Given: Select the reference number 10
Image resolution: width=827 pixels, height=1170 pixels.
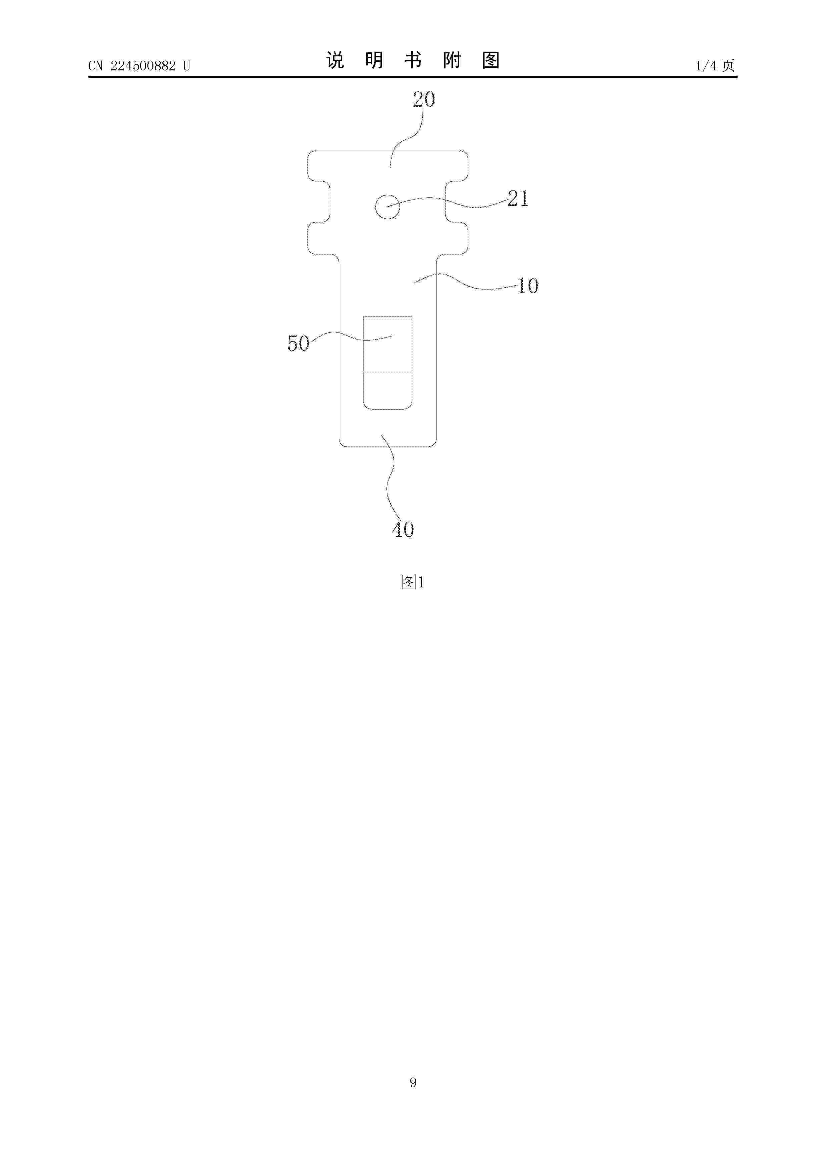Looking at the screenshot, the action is pyautogui.click(x=528, y=285).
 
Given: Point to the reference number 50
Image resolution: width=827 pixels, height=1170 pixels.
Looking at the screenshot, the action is pyautogui.click(x=298, y=344).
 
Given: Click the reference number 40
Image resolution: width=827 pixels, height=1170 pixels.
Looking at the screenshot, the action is pyautogui.click(x=403, y=529).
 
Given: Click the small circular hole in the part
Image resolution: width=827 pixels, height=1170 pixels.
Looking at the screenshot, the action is pyautogui.click(x=387, y=207).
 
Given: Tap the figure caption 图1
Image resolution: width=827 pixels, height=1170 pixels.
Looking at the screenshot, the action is pyautogui.click(x=413, y=582).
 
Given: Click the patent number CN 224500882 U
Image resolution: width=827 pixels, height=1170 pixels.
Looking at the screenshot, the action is pyautogui.click(x=139, y=66).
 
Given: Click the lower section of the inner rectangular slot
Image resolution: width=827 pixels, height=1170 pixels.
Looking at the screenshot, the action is pyautogui.click(x=387, y=390).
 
